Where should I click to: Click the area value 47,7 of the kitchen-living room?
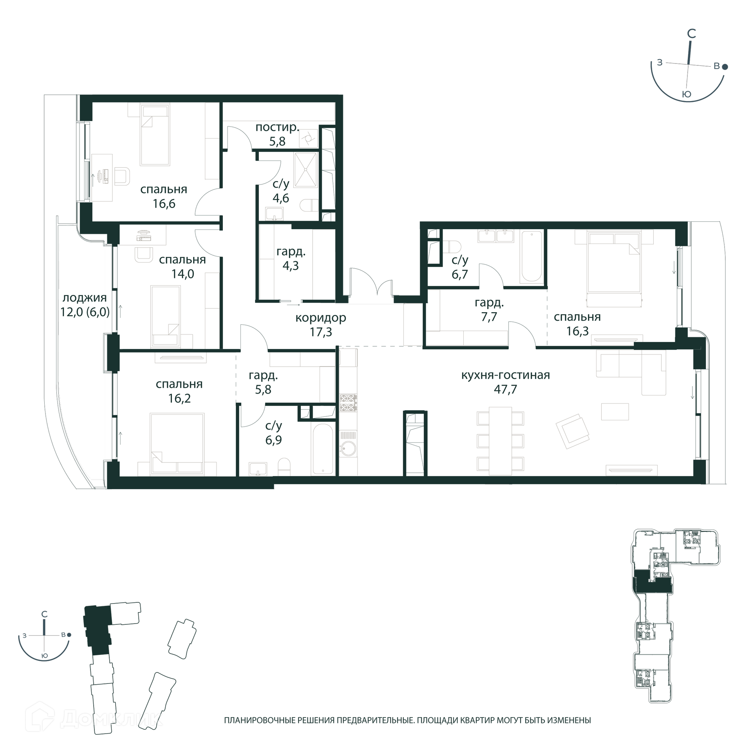(505, 389)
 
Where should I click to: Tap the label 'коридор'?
(321, 318)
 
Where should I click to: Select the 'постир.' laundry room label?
(277, 127)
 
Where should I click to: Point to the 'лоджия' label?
(85, 298)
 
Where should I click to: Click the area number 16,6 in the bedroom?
(164, 204)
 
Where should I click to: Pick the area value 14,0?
(183, 274)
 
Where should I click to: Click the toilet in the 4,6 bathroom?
(310, 205)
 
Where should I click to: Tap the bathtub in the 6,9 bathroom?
(323, 449)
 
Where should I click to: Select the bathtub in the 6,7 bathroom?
(531, 256)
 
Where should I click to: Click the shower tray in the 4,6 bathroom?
(306, 170)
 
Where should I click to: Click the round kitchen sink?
(347, 448)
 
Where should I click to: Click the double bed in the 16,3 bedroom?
(614, 262)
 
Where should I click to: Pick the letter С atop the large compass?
(691, 34)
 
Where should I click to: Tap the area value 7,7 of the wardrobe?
(489, 316)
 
